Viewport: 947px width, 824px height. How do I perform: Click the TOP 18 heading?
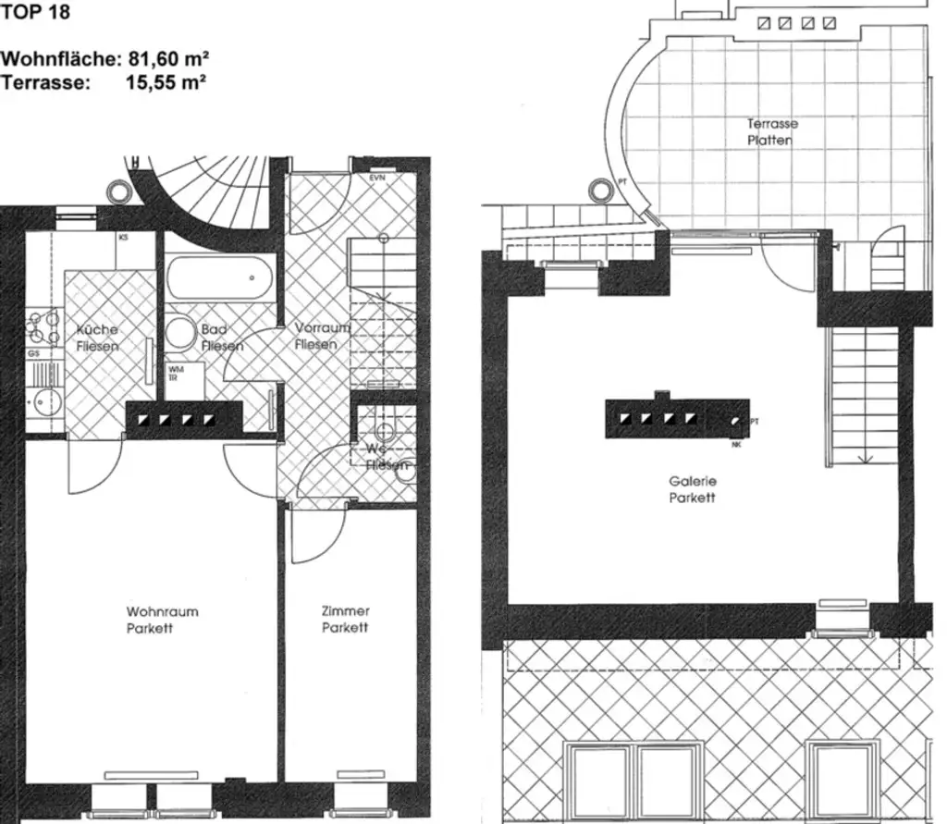pos(35,13)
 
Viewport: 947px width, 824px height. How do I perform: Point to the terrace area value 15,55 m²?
pos(165,81)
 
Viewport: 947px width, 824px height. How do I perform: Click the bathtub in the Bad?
pos(219,277)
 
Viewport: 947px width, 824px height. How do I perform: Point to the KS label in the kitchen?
pos(123,239)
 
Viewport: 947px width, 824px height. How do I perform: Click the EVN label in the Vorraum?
pos(377,178)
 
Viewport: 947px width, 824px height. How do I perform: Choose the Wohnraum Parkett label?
pos(162,620)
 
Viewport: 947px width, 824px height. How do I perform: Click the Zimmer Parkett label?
pos(345,620)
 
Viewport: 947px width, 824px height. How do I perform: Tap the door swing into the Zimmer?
pos(314,541)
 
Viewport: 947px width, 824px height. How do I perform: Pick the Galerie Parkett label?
pos(693,489)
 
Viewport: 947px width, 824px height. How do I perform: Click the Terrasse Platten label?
pos(772,131)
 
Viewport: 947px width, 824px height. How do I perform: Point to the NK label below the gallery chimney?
pos(736,444)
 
